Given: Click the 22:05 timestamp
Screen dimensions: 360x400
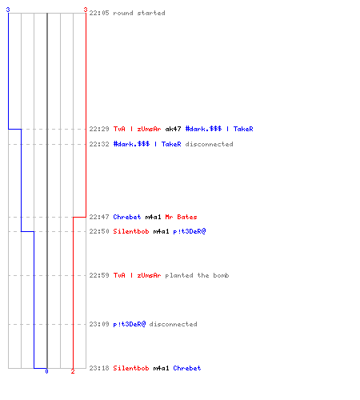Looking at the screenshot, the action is (x=99, y=13).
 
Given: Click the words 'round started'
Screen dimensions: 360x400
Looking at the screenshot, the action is (x=139, y=13).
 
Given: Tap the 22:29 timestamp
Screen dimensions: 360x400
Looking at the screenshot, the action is (x=99, y=129).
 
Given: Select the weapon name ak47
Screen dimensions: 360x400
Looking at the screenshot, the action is (x=173, y=129).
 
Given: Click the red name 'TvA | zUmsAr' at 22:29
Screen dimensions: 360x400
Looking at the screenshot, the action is (x=137, y=129).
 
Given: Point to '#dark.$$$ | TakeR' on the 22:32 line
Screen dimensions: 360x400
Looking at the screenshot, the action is (x=147, y=144).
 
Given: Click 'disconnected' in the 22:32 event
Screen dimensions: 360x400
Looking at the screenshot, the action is (x=210, y=144).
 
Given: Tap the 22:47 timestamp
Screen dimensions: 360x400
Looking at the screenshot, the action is (x=99, y=217).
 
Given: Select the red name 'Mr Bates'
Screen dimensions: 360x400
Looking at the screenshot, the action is (x=181, y=217).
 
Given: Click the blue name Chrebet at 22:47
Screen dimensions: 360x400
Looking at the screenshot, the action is (x=127, y=217).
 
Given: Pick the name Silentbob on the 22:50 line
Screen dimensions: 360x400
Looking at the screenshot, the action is (x=131, y=231).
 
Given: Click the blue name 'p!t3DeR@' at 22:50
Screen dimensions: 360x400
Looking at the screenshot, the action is (x=190, y=231).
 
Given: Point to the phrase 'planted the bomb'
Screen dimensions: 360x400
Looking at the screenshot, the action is (x=197, y=275).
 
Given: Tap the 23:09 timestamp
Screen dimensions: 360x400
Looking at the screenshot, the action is (x=99, y=324).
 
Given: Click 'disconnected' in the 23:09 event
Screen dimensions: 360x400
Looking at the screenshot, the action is (x=174, y=324).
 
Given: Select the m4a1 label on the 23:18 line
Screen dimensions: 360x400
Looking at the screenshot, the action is (x=161, y=368).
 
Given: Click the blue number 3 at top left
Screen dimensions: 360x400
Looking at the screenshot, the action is (x=8, y=10).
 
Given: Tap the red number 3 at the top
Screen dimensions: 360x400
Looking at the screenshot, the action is (x=86, y=10).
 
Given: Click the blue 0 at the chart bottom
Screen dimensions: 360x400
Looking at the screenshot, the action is (x=46, y=371).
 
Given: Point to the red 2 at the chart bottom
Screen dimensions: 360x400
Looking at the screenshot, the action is (x=73, y=371).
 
